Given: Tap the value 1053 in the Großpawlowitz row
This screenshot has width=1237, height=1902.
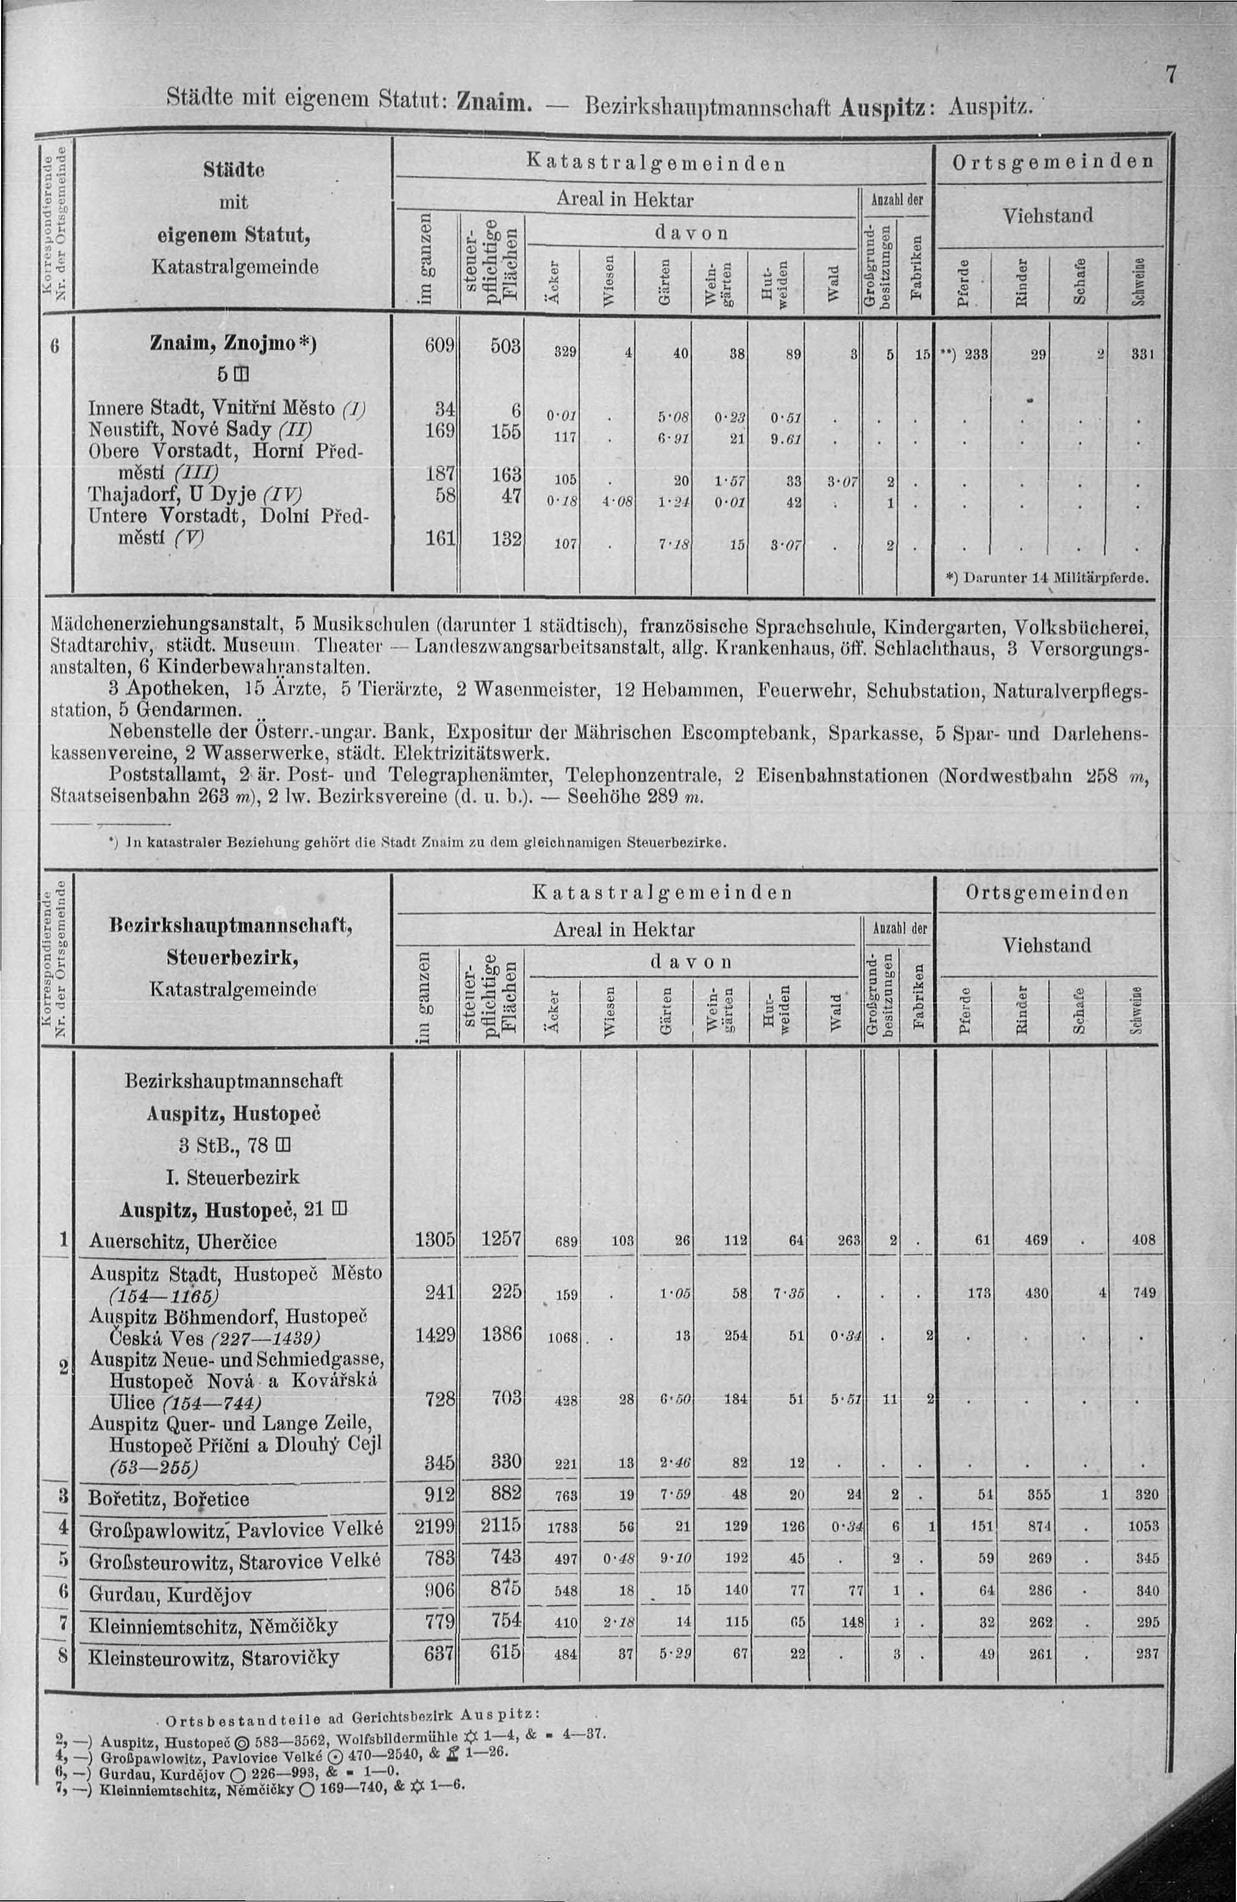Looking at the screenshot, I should pyautogui.click(x=1143, y=1526).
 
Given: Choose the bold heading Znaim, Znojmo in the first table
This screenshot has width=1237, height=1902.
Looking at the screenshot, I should pyautogui.click(x=232, y=344).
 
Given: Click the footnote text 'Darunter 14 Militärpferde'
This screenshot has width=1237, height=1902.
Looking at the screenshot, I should pyautogui.click(x=1047, y=577).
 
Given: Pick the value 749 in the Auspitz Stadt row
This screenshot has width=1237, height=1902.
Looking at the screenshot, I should pyautogui.click(x=1144, y=1292).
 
